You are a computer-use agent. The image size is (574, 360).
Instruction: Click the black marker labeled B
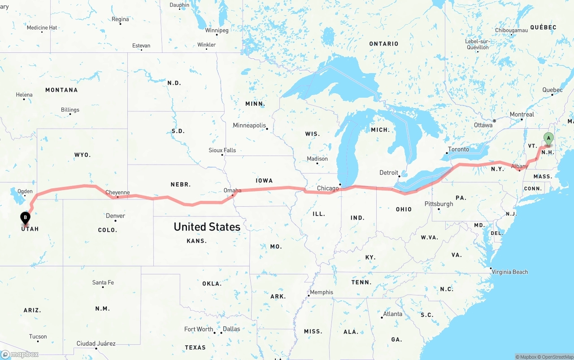[26, 218]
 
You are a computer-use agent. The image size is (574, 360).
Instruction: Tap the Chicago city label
[328, 188]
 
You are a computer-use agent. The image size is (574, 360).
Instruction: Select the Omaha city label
[232, 191]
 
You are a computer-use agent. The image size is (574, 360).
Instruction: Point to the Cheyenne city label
[117, 193]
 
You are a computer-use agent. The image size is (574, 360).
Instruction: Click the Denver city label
[115, 216]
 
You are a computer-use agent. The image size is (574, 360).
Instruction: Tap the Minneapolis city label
[249, 126]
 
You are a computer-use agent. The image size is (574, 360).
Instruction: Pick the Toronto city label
[458, 149]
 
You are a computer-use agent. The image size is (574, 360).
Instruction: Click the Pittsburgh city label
[439, 204]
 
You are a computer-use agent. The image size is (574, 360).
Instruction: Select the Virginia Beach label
[509, 272]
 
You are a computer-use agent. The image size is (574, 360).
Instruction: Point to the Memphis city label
[321, 292]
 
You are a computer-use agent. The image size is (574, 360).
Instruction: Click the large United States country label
[207, 227]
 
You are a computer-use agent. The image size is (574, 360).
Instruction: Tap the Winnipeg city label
[217, 30]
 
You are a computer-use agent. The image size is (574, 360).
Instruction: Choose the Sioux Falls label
[222, 150]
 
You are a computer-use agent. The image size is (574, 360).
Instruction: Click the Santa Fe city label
[103, 282]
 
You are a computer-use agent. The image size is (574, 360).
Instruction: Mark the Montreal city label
[522, 115]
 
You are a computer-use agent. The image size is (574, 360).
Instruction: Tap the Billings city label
[70, 110]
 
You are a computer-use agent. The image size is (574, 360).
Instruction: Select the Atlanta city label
[392, 314]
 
